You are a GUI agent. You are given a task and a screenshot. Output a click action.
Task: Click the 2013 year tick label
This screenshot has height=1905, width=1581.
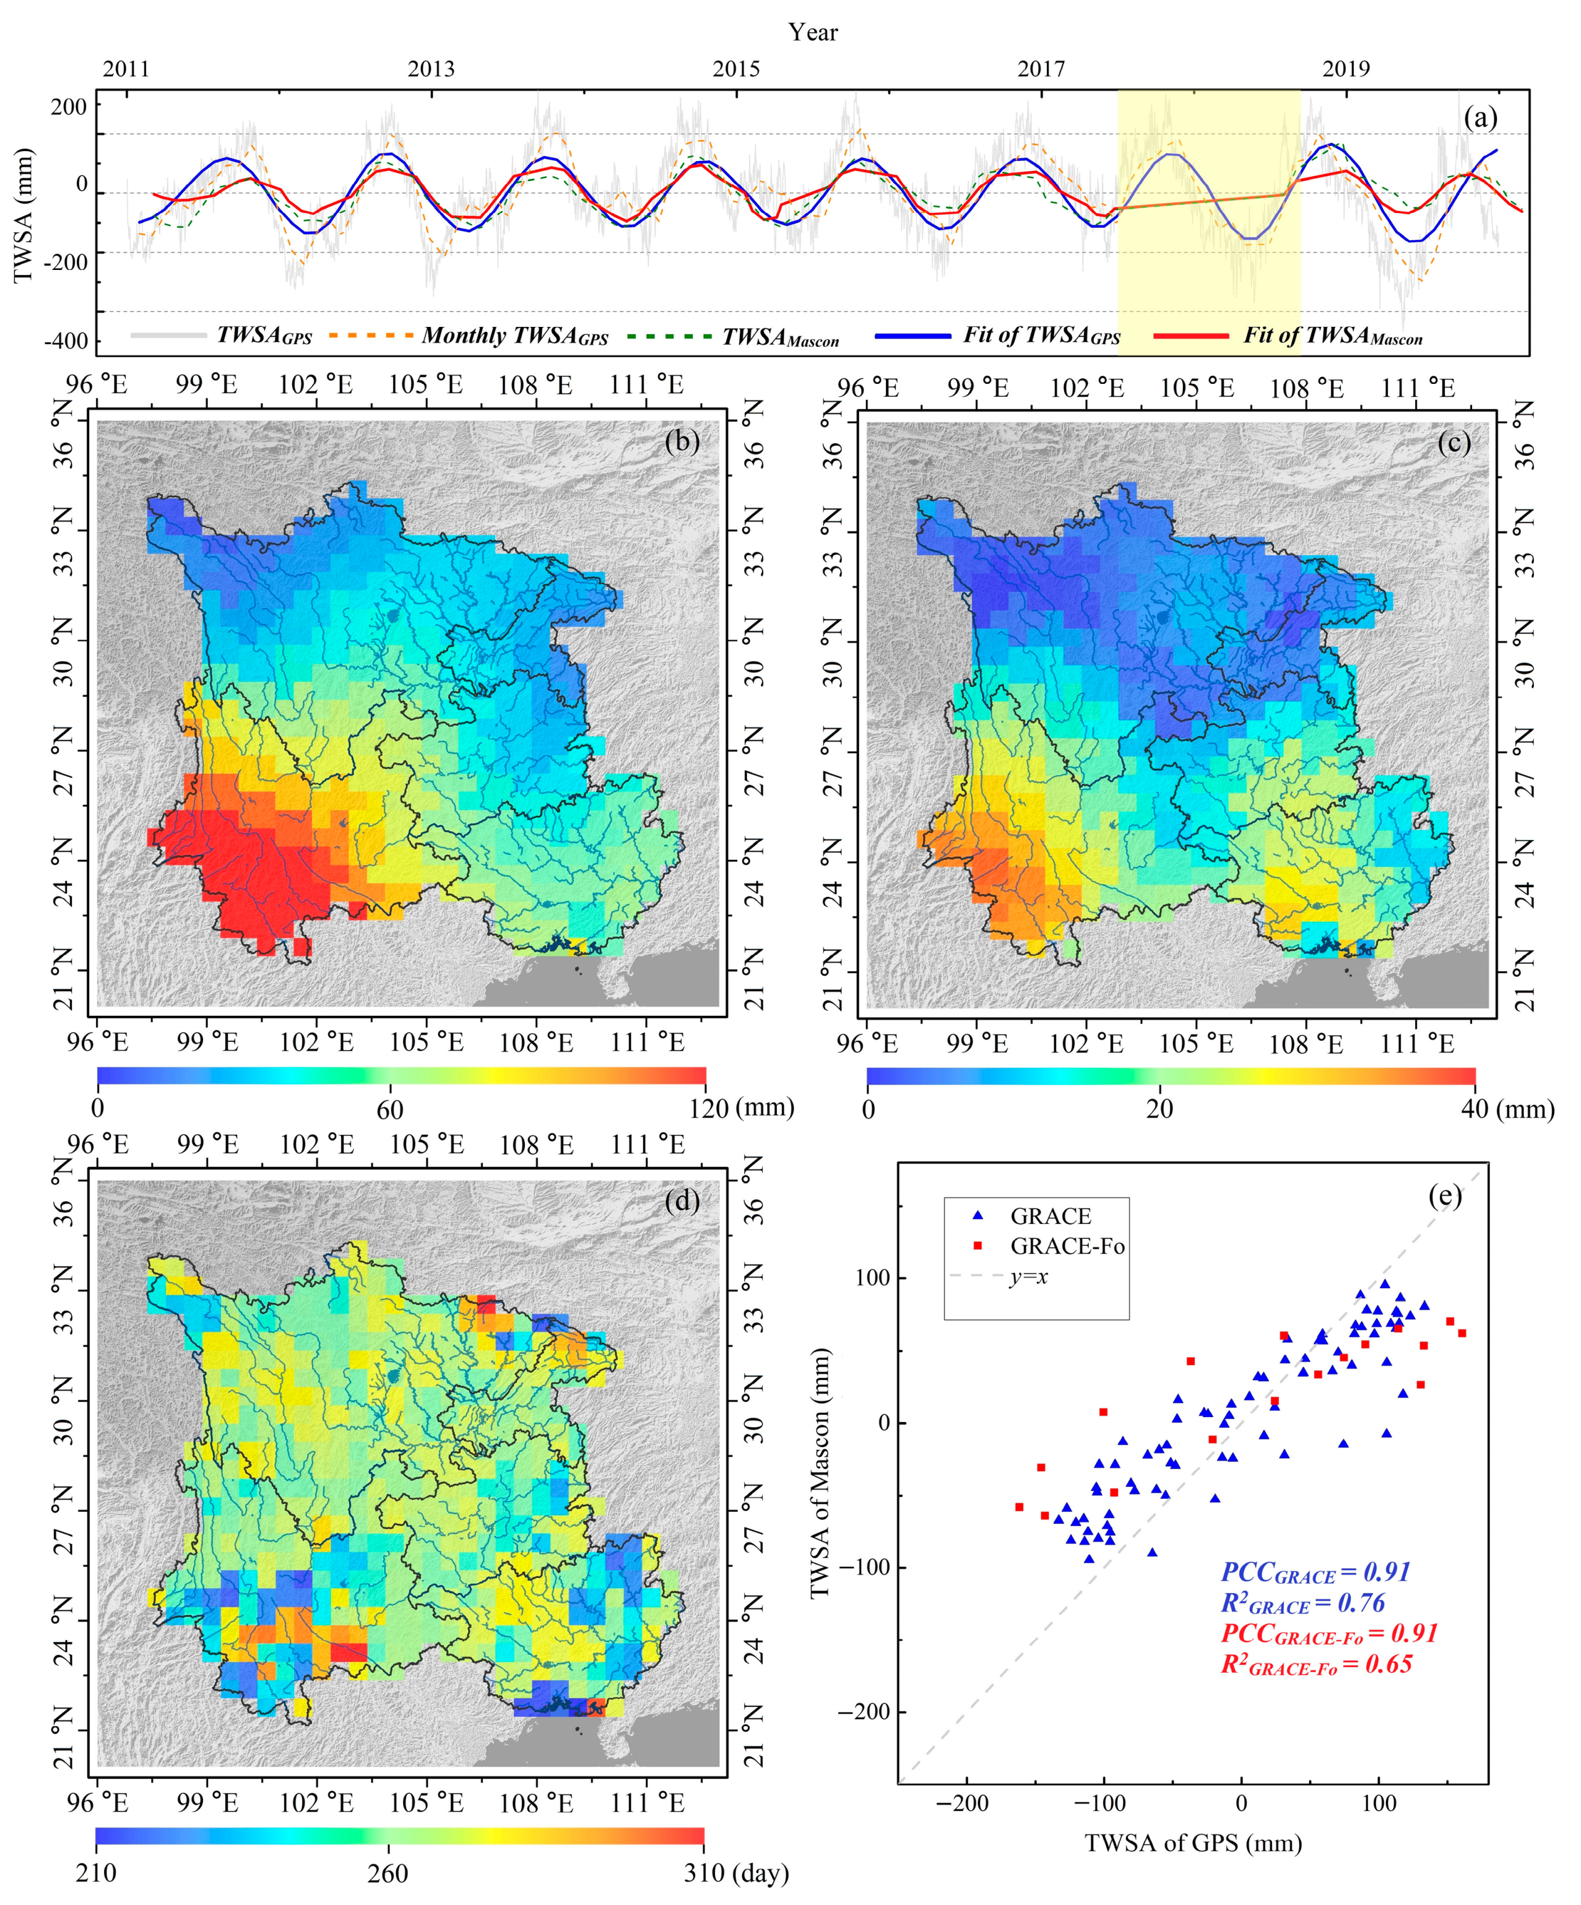pos(431,69)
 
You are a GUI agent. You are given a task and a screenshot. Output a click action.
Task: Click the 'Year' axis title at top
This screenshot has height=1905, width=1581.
pos(813,33)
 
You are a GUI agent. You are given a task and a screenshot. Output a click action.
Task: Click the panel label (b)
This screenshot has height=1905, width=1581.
pos(682,442)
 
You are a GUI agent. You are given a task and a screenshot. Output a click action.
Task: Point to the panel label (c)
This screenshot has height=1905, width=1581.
pos(1454,442)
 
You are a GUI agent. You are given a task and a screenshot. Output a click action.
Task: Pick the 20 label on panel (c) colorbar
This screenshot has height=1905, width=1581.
pos(1159,1109)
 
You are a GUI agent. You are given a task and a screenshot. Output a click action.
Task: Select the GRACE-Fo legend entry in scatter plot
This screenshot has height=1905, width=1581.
pos(1067,1246)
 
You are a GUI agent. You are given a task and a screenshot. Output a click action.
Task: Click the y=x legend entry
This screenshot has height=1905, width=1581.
pos(1028,1277)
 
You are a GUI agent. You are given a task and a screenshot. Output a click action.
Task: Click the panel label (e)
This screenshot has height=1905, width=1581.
pos(1445,1197)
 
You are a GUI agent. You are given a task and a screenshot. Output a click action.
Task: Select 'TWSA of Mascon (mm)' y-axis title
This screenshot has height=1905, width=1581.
pos(820,1472)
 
